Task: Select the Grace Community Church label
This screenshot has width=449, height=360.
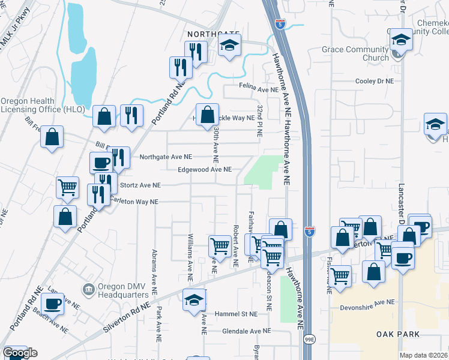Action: coord(355,53)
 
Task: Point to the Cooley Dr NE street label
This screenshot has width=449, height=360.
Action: coord(374,81)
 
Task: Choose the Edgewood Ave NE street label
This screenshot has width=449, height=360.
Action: coord(205,170)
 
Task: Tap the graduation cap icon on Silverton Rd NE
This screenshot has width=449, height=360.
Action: coord(194,301)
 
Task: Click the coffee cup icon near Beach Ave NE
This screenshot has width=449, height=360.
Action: coord(53,304)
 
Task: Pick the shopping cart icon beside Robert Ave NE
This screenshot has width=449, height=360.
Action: coord(220,246)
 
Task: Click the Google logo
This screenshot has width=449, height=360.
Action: coord(20,353)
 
